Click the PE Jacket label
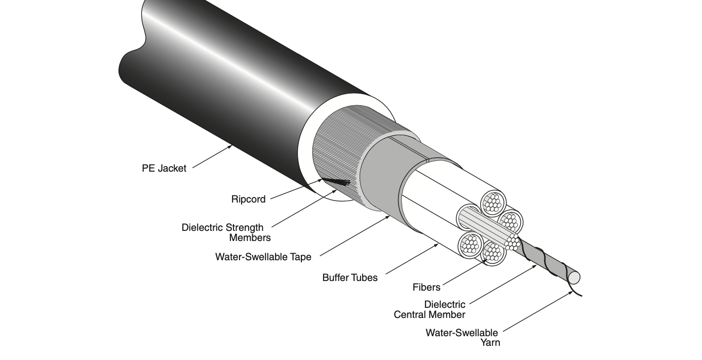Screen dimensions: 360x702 click(x=164, y=169)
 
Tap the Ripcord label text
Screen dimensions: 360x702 click(x=248, y=199)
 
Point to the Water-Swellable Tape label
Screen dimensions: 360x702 click(x=263, y=257)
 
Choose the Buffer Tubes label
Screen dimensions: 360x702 click(x=349, y=277)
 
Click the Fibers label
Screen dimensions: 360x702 click(x=426, y=288)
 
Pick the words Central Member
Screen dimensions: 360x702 click(x=429, y=314)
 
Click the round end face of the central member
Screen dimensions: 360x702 click(x=574, y=277)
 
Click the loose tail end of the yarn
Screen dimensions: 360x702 click(x=580, y=295)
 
